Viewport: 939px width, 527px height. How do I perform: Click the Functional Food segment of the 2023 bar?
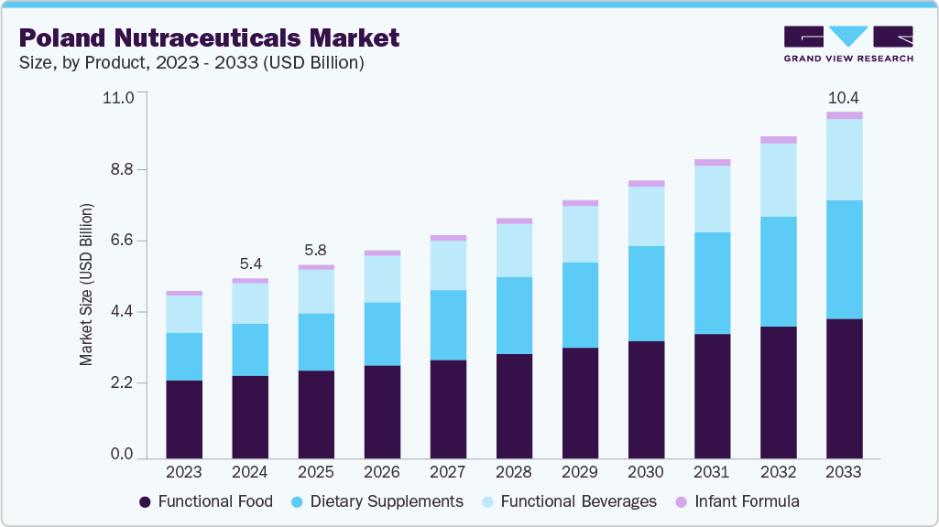[x=184, y=418]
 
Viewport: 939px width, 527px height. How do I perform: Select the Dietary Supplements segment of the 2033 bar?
[x=844, y=259]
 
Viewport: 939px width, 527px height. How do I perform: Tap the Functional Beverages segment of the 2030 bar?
[x=646, y=216]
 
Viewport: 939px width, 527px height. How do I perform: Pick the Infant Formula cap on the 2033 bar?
[x=844, y=115]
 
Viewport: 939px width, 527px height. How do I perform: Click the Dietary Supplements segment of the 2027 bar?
[x=448, y=325]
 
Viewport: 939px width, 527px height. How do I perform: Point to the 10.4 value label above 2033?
[x=844, y=97]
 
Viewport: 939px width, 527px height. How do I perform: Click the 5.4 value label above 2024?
[x=250, y=263]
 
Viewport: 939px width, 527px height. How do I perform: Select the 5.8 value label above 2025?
[x=316, y=250]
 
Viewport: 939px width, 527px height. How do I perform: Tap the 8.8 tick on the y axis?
[x=122, y=169]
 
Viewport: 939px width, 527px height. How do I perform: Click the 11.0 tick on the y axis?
[x=120, y=97]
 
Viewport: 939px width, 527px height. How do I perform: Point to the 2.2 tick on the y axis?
[x=122, y=382]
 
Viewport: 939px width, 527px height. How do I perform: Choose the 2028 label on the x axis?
[x=514, y=473]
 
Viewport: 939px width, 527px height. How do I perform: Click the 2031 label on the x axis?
[x=712, y=473]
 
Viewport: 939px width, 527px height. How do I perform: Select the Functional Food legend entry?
[x=205, y=501]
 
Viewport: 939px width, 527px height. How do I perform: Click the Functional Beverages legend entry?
[x=569, y=501]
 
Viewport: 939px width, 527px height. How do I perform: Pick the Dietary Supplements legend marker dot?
[x=298, y=502]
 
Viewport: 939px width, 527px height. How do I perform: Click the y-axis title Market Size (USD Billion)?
[x=86, y=285]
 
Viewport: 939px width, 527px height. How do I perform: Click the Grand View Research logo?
[x=848, y=43]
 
